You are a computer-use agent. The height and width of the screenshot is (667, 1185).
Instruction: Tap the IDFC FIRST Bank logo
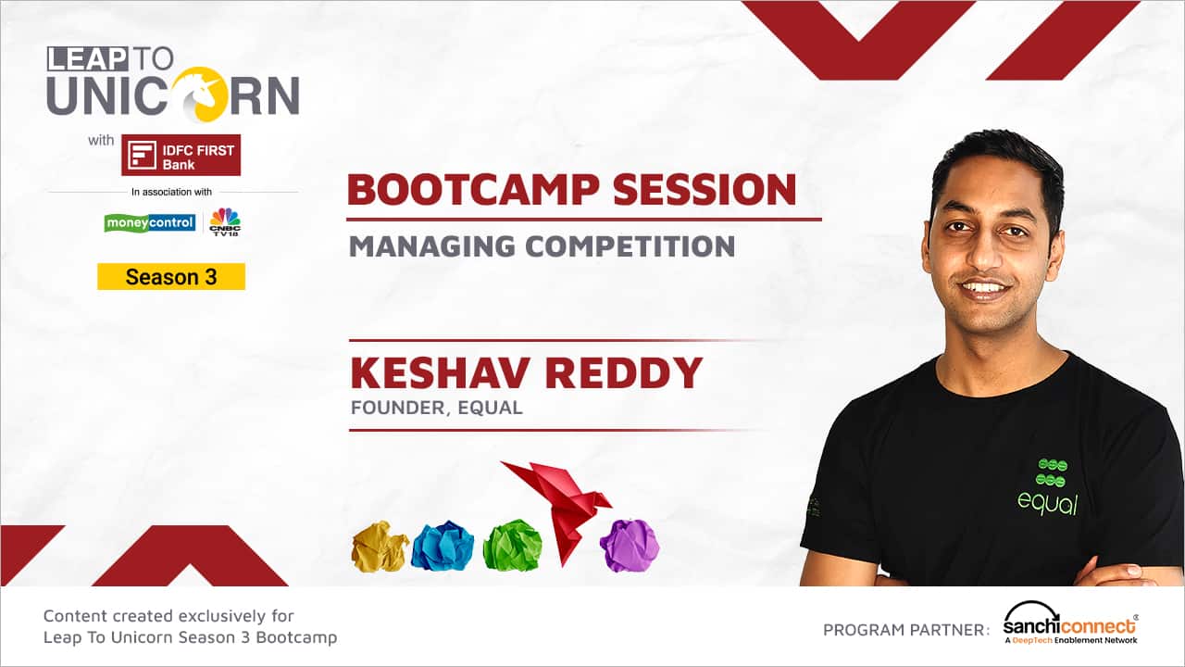point(181,155)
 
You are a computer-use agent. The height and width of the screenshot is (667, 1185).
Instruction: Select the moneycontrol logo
point(150,223)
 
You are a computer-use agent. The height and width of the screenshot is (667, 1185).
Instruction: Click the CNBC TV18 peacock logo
point(225,221)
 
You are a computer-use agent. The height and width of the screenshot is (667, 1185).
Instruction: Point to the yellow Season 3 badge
point(171,276)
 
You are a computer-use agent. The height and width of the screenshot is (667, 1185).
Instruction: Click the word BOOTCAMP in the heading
point(473,190)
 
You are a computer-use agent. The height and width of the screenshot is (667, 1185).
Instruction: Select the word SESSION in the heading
point(705,190)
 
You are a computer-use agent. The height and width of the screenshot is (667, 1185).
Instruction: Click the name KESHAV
point(440,372)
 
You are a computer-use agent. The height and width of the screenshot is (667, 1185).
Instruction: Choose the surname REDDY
point(624,372)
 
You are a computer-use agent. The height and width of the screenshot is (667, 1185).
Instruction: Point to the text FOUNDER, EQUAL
point(436,408)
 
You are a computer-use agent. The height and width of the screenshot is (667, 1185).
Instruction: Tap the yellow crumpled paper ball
point(380,547)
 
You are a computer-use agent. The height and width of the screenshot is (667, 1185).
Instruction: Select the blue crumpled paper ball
point(443,546)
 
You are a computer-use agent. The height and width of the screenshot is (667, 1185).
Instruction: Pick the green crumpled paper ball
point(513,546)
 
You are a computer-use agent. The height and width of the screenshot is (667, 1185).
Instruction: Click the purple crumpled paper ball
point(630,546)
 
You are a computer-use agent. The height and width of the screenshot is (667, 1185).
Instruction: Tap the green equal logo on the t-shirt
point(1048,487)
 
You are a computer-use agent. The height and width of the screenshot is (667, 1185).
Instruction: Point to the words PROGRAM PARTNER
point(906,630)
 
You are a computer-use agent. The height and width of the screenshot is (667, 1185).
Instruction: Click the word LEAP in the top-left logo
point(87,58)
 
